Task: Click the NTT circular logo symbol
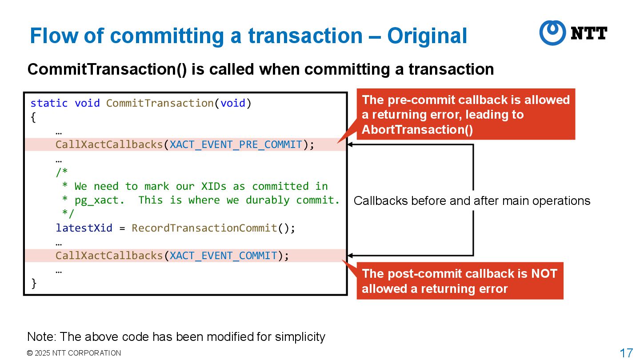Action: pos(552,32)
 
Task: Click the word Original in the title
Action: pos(427,36)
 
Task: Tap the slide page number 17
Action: pos(626,353)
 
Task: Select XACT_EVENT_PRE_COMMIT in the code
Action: pos(236,145)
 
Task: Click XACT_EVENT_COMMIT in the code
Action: pos(224,256)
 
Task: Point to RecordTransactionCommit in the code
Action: pos(204,228)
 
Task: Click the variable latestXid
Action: pos(84,228)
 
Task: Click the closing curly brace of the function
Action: pos(34,283)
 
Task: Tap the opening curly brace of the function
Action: pos(34,117)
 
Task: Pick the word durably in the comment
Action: pos(268,200)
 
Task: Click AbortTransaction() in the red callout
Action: pos(417,130)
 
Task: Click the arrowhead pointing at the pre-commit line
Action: pos(350,144)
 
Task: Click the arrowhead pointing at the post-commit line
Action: pos(350,256)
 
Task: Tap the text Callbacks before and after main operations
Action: pos(472,201)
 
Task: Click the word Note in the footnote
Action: pos(40,337)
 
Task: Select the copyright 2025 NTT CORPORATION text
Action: pos(74,353)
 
